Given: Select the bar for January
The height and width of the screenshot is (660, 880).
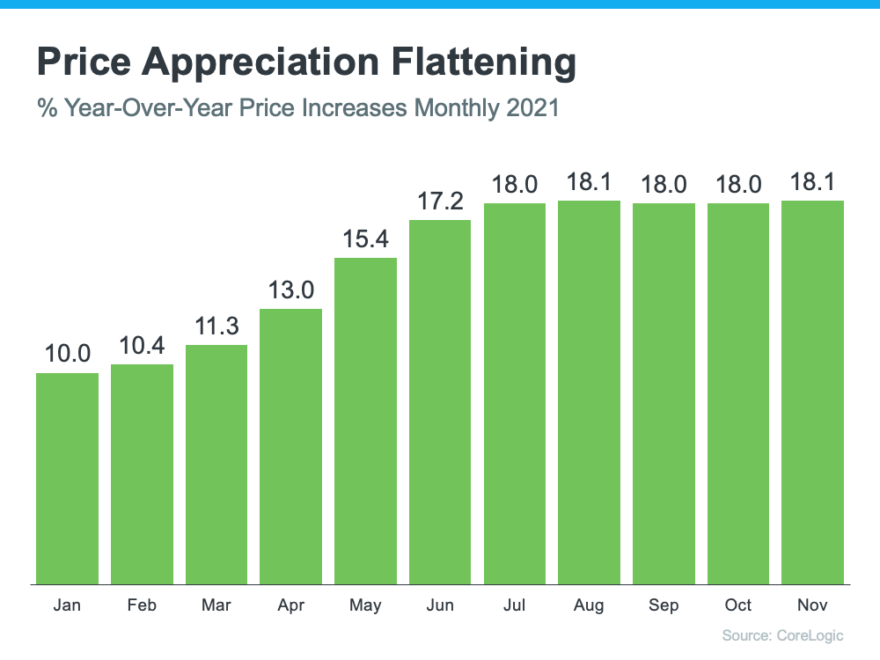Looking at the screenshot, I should tap(67, 478).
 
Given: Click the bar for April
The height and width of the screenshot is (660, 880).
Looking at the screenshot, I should tap(290, 445).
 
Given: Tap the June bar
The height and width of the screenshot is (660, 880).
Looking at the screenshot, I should tap(440, 401).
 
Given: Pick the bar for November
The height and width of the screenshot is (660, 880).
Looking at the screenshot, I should tap(813, 392).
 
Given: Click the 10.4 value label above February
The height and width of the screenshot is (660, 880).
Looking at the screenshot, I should tap(142, 345).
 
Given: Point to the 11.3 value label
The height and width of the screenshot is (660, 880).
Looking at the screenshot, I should tap(216, 326).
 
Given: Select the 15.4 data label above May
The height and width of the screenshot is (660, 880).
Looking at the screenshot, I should tap(365, 238).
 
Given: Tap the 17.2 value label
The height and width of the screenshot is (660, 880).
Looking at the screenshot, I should tap(440, 201).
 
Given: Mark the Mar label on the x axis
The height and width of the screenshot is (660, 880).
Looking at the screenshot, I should tap(216, 605).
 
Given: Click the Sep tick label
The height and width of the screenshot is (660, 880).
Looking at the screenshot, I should tap(664, 605).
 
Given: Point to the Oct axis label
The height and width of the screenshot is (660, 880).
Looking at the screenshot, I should tap(738, 605).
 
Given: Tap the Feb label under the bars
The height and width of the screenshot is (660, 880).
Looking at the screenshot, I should tap(142, 605).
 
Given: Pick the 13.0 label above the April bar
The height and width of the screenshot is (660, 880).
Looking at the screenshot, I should tap(290, 290).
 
